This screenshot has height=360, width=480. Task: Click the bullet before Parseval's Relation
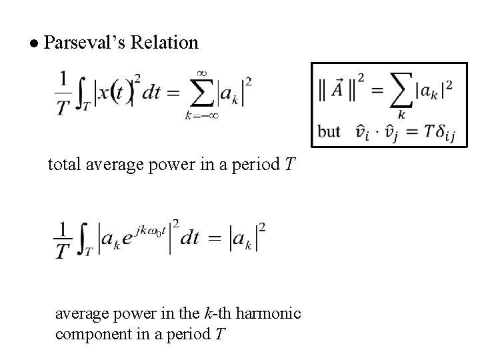[x=33, y=43]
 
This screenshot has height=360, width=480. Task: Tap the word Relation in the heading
[x=165, y=43]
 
